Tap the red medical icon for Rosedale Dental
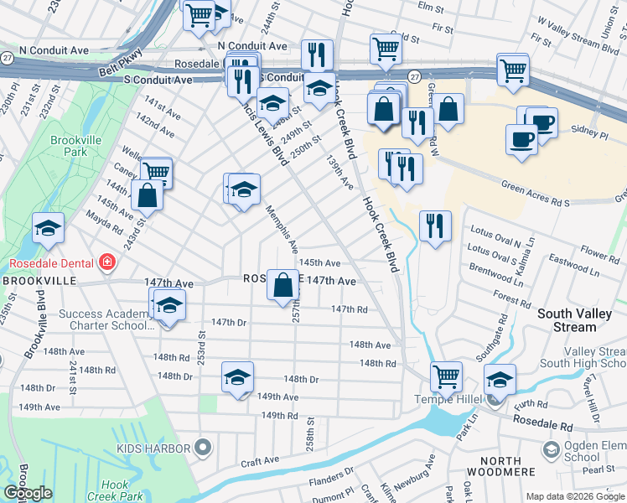106,263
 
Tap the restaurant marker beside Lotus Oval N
434,226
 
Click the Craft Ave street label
260,461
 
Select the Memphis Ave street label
282,229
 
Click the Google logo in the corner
28,493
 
